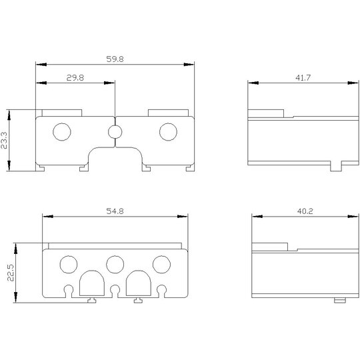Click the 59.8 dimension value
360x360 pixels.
(115, 59)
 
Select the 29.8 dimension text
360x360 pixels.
(75, 78)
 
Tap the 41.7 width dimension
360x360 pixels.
(303, 78)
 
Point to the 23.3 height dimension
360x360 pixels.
(4, 140)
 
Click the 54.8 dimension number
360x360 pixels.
(115, 211)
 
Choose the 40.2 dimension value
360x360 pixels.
(305, 211)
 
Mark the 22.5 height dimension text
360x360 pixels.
(11, 273)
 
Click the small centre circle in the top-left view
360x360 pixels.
(115, 132)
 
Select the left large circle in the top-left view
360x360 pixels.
(62, 132)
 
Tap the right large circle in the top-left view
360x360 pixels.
(168, 132)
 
